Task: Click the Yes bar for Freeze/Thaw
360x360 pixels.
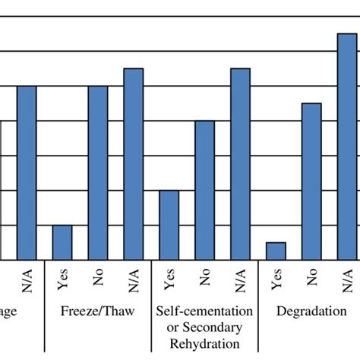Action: tap(62, 242)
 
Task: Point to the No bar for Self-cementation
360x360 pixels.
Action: tap(204, 190)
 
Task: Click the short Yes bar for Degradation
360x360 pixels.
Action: tap(276, 251)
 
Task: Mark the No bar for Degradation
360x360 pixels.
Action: tap(311, 182)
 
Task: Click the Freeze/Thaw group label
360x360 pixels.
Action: tap(98, 311)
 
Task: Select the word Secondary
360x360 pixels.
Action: tap(220, 327)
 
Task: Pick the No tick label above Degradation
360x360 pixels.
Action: tap(311, 279)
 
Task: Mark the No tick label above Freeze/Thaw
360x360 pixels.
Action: tap(98, 279)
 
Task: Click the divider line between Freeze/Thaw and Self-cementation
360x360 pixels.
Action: tap(152, 304)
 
